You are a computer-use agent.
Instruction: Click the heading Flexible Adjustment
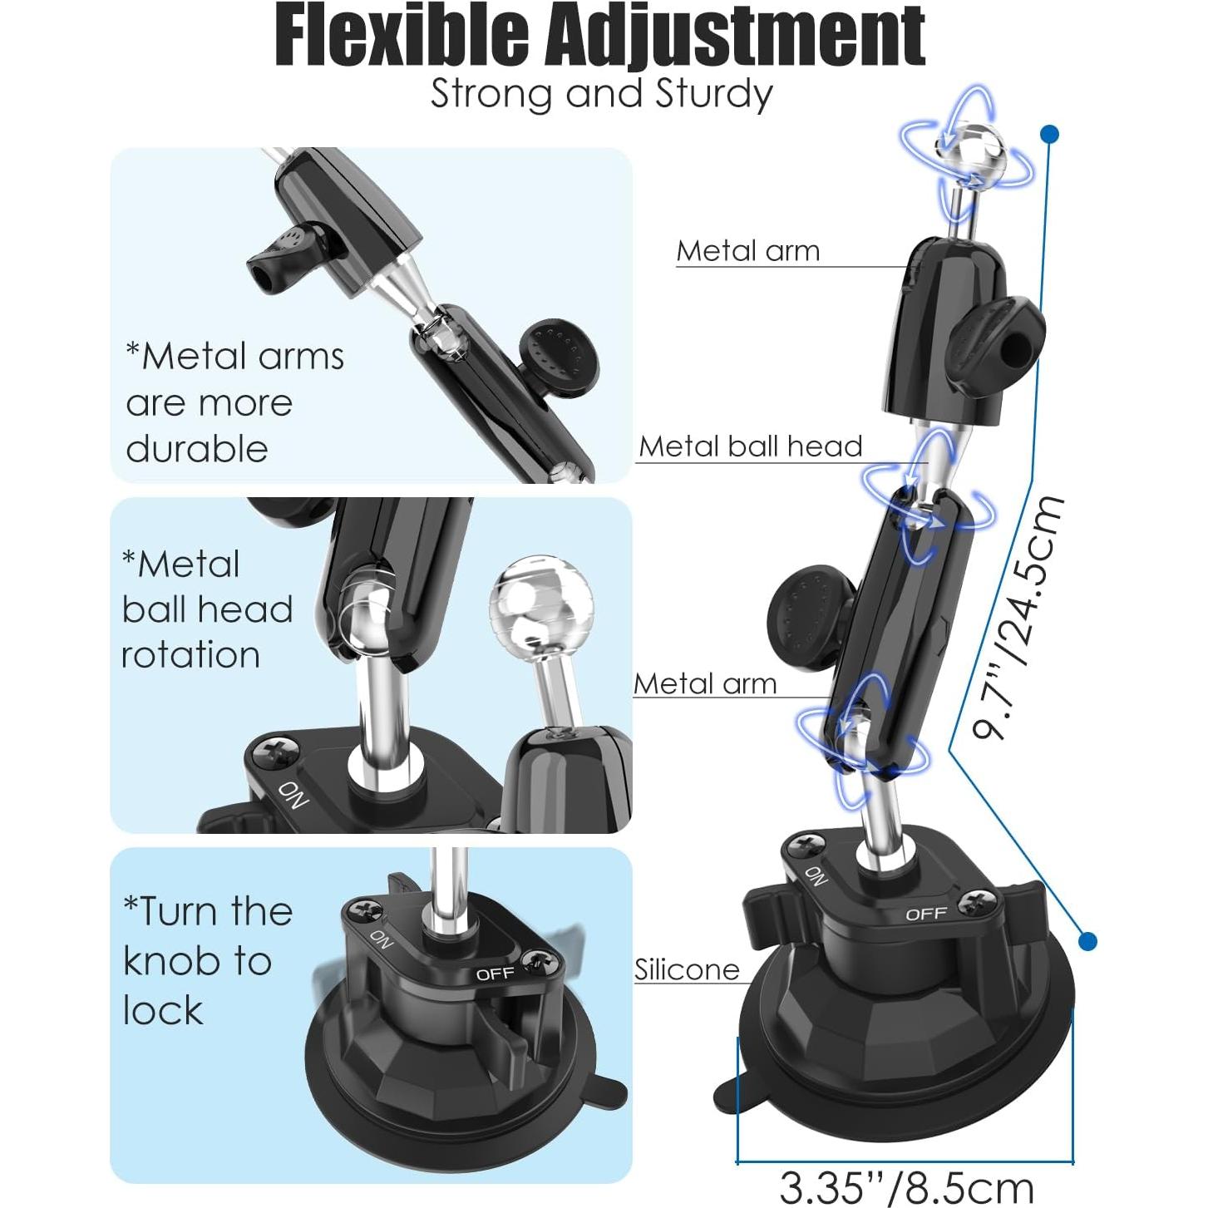tap(600, 37)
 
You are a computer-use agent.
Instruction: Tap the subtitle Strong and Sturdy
tap(601, 93)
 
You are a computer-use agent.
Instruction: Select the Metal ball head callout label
tap(750, 446)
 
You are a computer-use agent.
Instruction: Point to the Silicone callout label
tap(687, 969)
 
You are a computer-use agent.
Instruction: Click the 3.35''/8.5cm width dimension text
tap(906, 1187)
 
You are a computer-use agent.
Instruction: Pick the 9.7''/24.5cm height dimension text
tap(1019, 616)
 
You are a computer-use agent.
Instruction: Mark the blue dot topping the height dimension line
tap(1049, 133)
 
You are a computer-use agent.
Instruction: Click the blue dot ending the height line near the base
tap(1087, 941)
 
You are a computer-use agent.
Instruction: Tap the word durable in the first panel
tap(197, 449)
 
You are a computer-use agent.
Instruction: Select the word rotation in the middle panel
tap(191, 654)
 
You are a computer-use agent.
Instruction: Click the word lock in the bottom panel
tap(163, 1010)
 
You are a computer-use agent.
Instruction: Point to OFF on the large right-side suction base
tap(926, 914)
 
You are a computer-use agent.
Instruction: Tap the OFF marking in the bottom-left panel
tap(496, 974)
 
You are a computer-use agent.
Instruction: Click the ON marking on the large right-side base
tap(816, 875)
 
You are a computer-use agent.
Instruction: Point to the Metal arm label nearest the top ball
tap(748, 251)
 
